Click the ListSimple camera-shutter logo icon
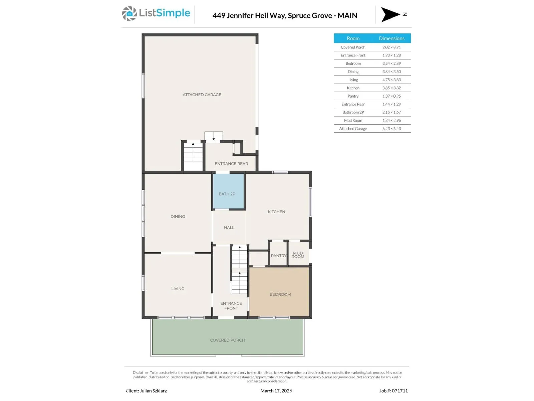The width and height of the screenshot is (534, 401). pyautogui.click(x=129, y=14)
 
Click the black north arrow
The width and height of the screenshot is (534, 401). pyautogui.click(x=390, y=14)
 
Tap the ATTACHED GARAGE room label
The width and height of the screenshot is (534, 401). pyautogui.click(x=202, y=95)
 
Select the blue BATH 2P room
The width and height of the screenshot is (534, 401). pyautogui.click(x=228, y=191)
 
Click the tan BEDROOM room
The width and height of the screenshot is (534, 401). pyautogui.click(x=279, y=292)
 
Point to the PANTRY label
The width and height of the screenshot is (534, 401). pyautogui.click(x=279, y=256)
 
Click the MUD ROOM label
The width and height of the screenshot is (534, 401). pyautogui.click(x=298, y=255)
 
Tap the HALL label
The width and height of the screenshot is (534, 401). pyautogui.click(x=229, y=228)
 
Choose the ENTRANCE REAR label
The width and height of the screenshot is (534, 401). pyautogui.click(x=231, y=164)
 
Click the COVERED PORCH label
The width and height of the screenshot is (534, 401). pyautogui.click(x=228, y=340)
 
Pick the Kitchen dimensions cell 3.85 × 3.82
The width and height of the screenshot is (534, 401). pyautogui.click(x=391, y=88)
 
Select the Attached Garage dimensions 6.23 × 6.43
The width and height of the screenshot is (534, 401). pyautogui.click(x=391, y=129)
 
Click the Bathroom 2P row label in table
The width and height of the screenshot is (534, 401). pyautogui.click(x=353, y=112)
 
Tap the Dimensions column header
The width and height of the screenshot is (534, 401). pyautogui.click(x=392, y=38)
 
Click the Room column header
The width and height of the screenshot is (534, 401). pyautogui.click(x=353, y=38)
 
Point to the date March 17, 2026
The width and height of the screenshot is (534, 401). pyautogui.click(x=276, y=391)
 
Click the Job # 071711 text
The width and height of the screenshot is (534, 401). pyautogui.click(x=393, y=391)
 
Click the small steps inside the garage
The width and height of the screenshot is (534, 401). pyautogui.click(x=214, y=136)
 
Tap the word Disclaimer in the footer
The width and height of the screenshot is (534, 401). pyautogui.click(x=141, y=373)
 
